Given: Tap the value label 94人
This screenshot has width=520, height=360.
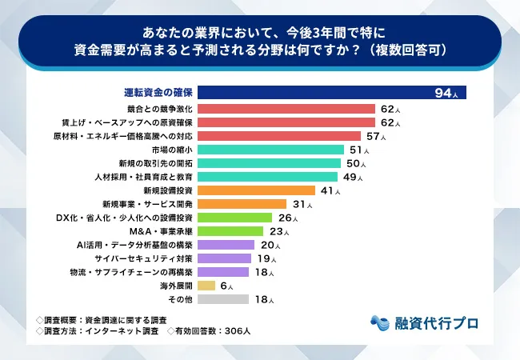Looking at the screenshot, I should (446, 94).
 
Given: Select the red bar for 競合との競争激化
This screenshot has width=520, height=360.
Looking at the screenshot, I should (286, 108).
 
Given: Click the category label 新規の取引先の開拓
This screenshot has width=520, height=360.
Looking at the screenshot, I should (157, 163).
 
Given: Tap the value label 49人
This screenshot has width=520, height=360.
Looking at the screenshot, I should (353, 177).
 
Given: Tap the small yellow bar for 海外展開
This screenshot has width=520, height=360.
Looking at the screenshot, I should (206, 286).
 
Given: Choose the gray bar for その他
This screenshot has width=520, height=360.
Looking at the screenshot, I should (222, 299).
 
